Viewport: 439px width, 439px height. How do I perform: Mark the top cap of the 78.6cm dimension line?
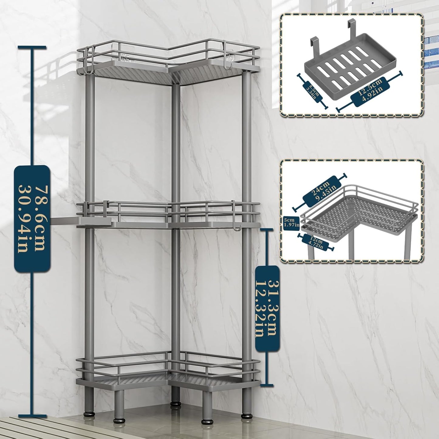click(32, 47)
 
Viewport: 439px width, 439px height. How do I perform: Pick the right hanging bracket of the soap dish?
click(352, 30)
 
